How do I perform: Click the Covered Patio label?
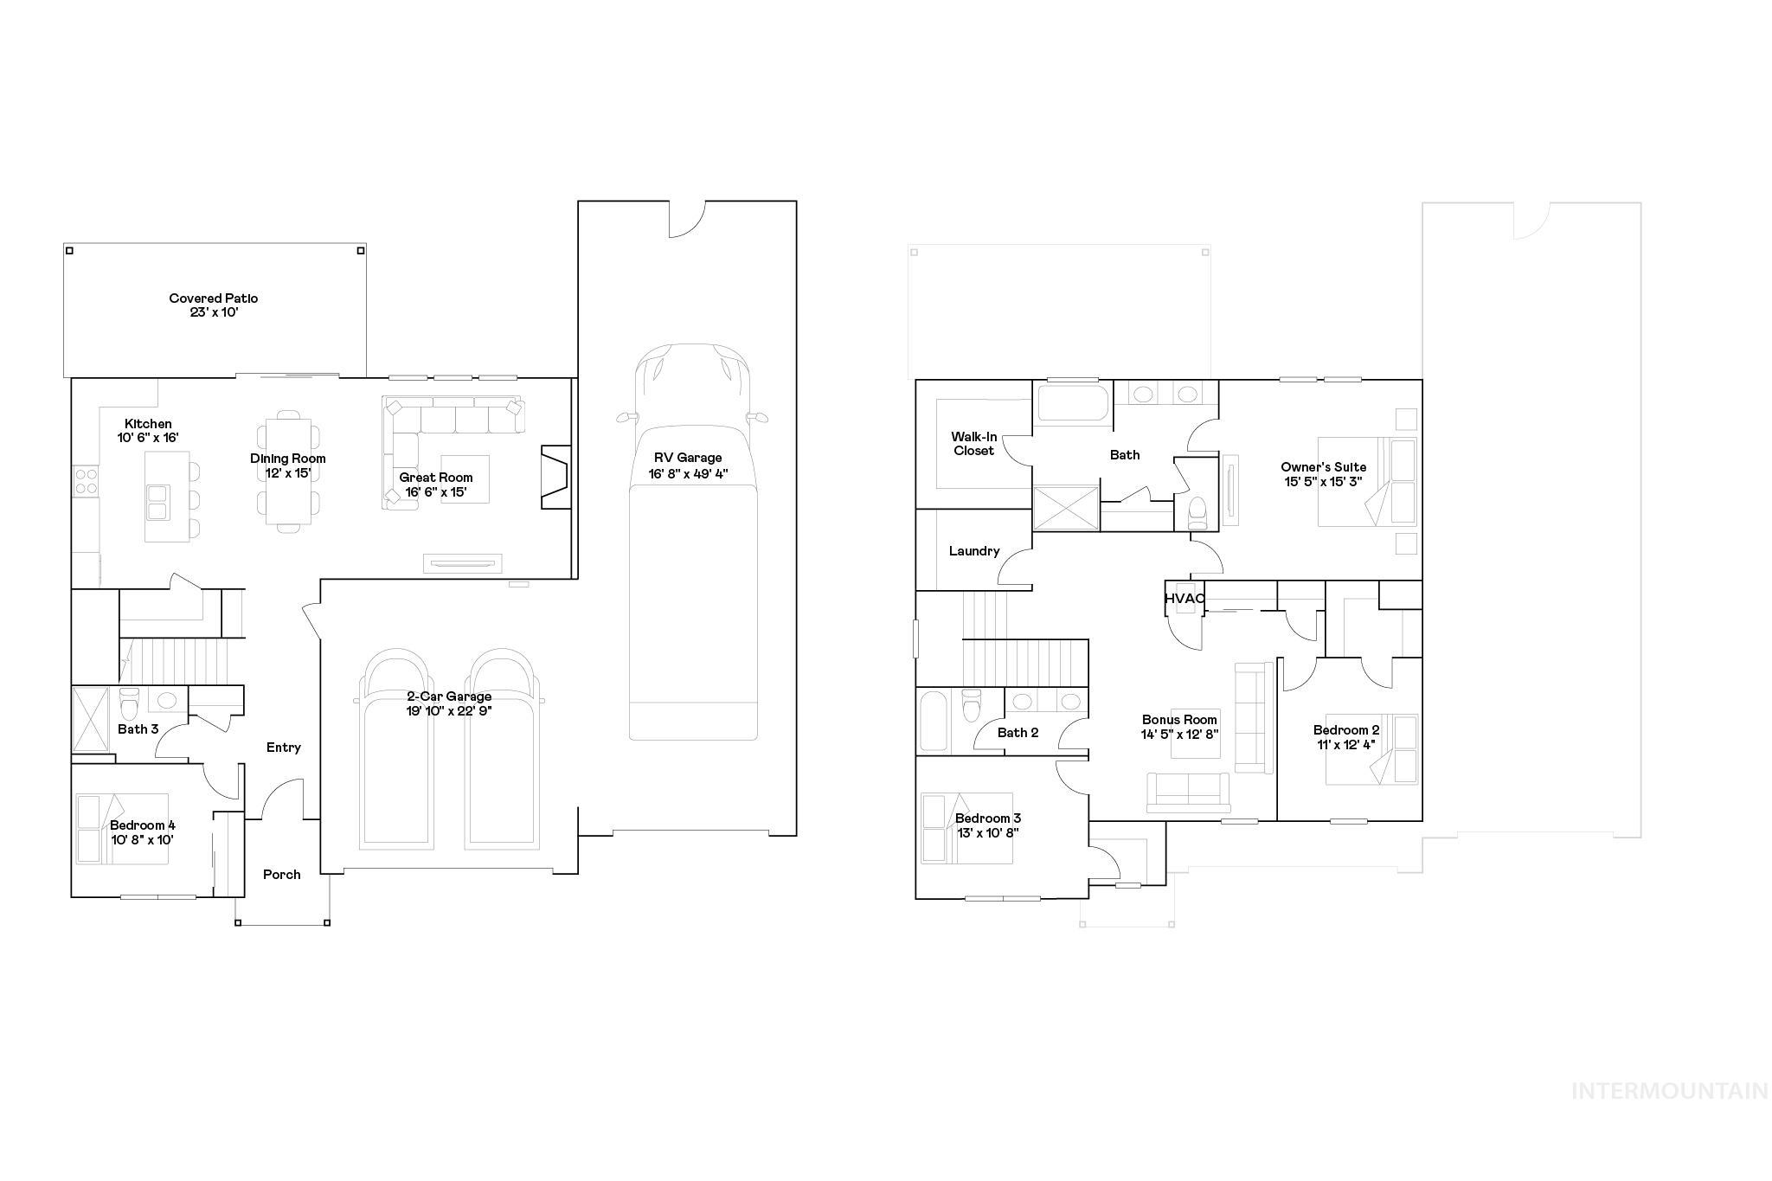pyautogui.click(x=214, y=298)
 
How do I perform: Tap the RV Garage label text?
pyautogui.click(x=687, y=458)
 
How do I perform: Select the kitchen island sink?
pyautogui.click(x=158, y=502)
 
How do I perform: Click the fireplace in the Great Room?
pyautogui.click(x=555, y=477)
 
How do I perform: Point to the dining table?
pyautogui.click(x=288, y=471)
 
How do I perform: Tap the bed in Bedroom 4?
pyautogui.click(x=121, y=830)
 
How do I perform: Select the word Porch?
pyautogui.click(x=282, y=875)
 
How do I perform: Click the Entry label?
pyautogui.click(x=284, y=748)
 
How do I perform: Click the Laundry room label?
pyautogui.click(x=974, y=551)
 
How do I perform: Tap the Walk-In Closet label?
pyautogui.click(x=973, y=444)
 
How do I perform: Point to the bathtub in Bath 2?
pyautogui.click(x=934, y=720)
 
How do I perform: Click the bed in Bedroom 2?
pyautogui.click(x=1372, y=749)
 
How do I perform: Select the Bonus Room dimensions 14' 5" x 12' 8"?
pyautogui.click(x=1180, y=734)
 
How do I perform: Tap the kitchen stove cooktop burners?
pyautogui.click(x=86, y=480)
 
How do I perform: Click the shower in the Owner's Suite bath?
pyautogui.click(x=1067, y=507)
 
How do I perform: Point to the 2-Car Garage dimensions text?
pyautogui.click(x=449, y=711)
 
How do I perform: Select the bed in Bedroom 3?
pyautogui.click(x=966, y=828)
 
